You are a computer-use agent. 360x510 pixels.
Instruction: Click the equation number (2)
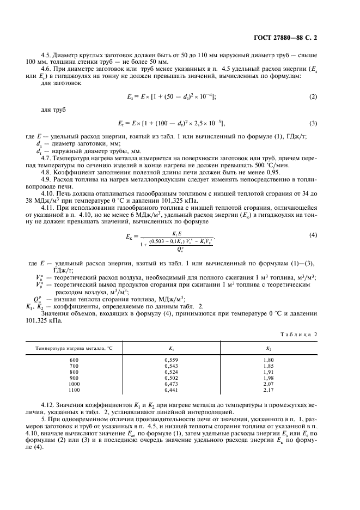pos(313,96)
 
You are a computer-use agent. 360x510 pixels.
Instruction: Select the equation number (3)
pos(313,123)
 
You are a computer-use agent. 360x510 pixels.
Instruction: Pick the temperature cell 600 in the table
pos(75,360)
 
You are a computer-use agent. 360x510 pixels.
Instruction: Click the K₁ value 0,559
pos(172,360)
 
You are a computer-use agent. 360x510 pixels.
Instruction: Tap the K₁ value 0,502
pos(172,378)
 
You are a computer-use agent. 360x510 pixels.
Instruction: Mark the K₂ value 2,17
pos(269,390)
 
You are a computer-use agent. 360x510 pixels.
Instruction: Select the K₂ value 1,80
pos(269,360)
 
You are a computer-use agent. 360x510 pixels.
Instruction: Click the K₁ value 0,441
pos(172,390)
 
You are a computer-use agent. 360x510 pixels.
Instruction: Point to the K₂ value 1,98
pos(269,378)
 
